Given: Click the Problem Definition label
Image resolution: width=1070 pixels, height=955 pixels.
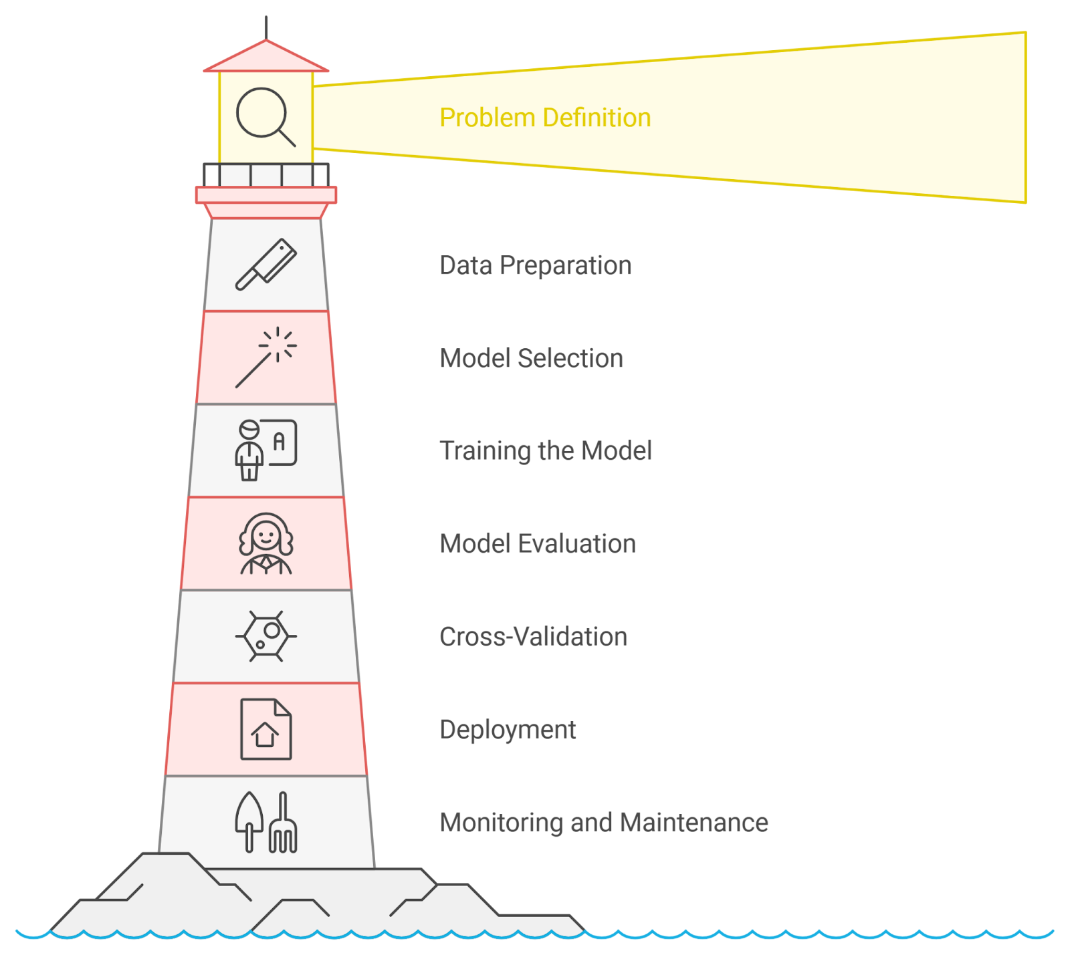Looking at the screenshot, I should (x=545, y=118).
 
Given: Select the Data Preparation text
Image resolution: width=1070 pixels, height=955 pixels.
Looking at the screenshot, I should (x=535, y=265).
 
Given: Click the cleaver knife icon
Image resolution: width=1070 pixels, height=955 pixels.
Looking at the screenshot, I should (x=265, y=265).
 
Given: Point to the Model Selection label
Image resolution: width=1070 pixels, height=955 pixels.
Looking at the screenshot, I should (x=531, y=358).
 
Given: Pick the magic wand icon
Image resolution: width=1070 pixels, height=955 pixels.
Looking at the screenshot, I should (x=265, y=358).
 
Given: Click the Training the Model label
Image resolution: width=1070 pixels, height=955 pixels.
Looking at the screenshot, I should (x=545, y=450).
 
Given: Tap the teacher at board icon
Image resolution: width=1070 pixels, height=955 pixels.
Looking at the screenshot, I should (x=265, y=450).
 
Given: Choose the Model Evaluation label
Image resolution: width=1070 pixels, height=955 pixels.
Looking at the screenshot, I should (x=537, y=543).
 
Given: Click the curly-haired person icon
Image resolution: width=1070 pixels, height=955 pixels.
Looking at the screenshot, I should (x=265, y=543).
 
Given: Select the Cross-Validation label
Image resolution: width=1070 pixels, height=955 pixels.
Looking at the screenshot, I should (x=533, y=636).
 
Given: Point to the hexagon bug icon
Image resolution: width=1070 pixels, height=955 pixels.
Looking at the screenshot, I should (x=265, y=636).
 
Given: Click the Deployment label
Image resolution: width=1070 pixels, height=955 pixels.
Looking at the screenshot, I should (x=508, y=729).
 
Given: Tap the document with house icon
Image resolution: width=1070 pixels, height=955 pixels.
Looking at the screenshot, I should (x=265, y=729).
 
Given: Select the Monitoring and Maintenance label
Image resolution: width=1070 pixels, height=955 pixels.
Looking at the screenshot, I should (x=603, y=822).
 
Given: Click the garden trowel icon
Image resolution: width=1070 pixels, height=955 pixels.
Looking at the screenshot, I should (x=249, y=821).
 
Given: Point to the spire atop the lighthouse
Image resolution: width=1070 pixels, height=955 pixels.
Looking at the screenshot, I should (x=266, y=27).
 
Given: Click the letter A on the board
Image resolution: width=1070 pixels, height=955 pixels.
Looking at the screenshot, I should (x=280, y=441).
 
